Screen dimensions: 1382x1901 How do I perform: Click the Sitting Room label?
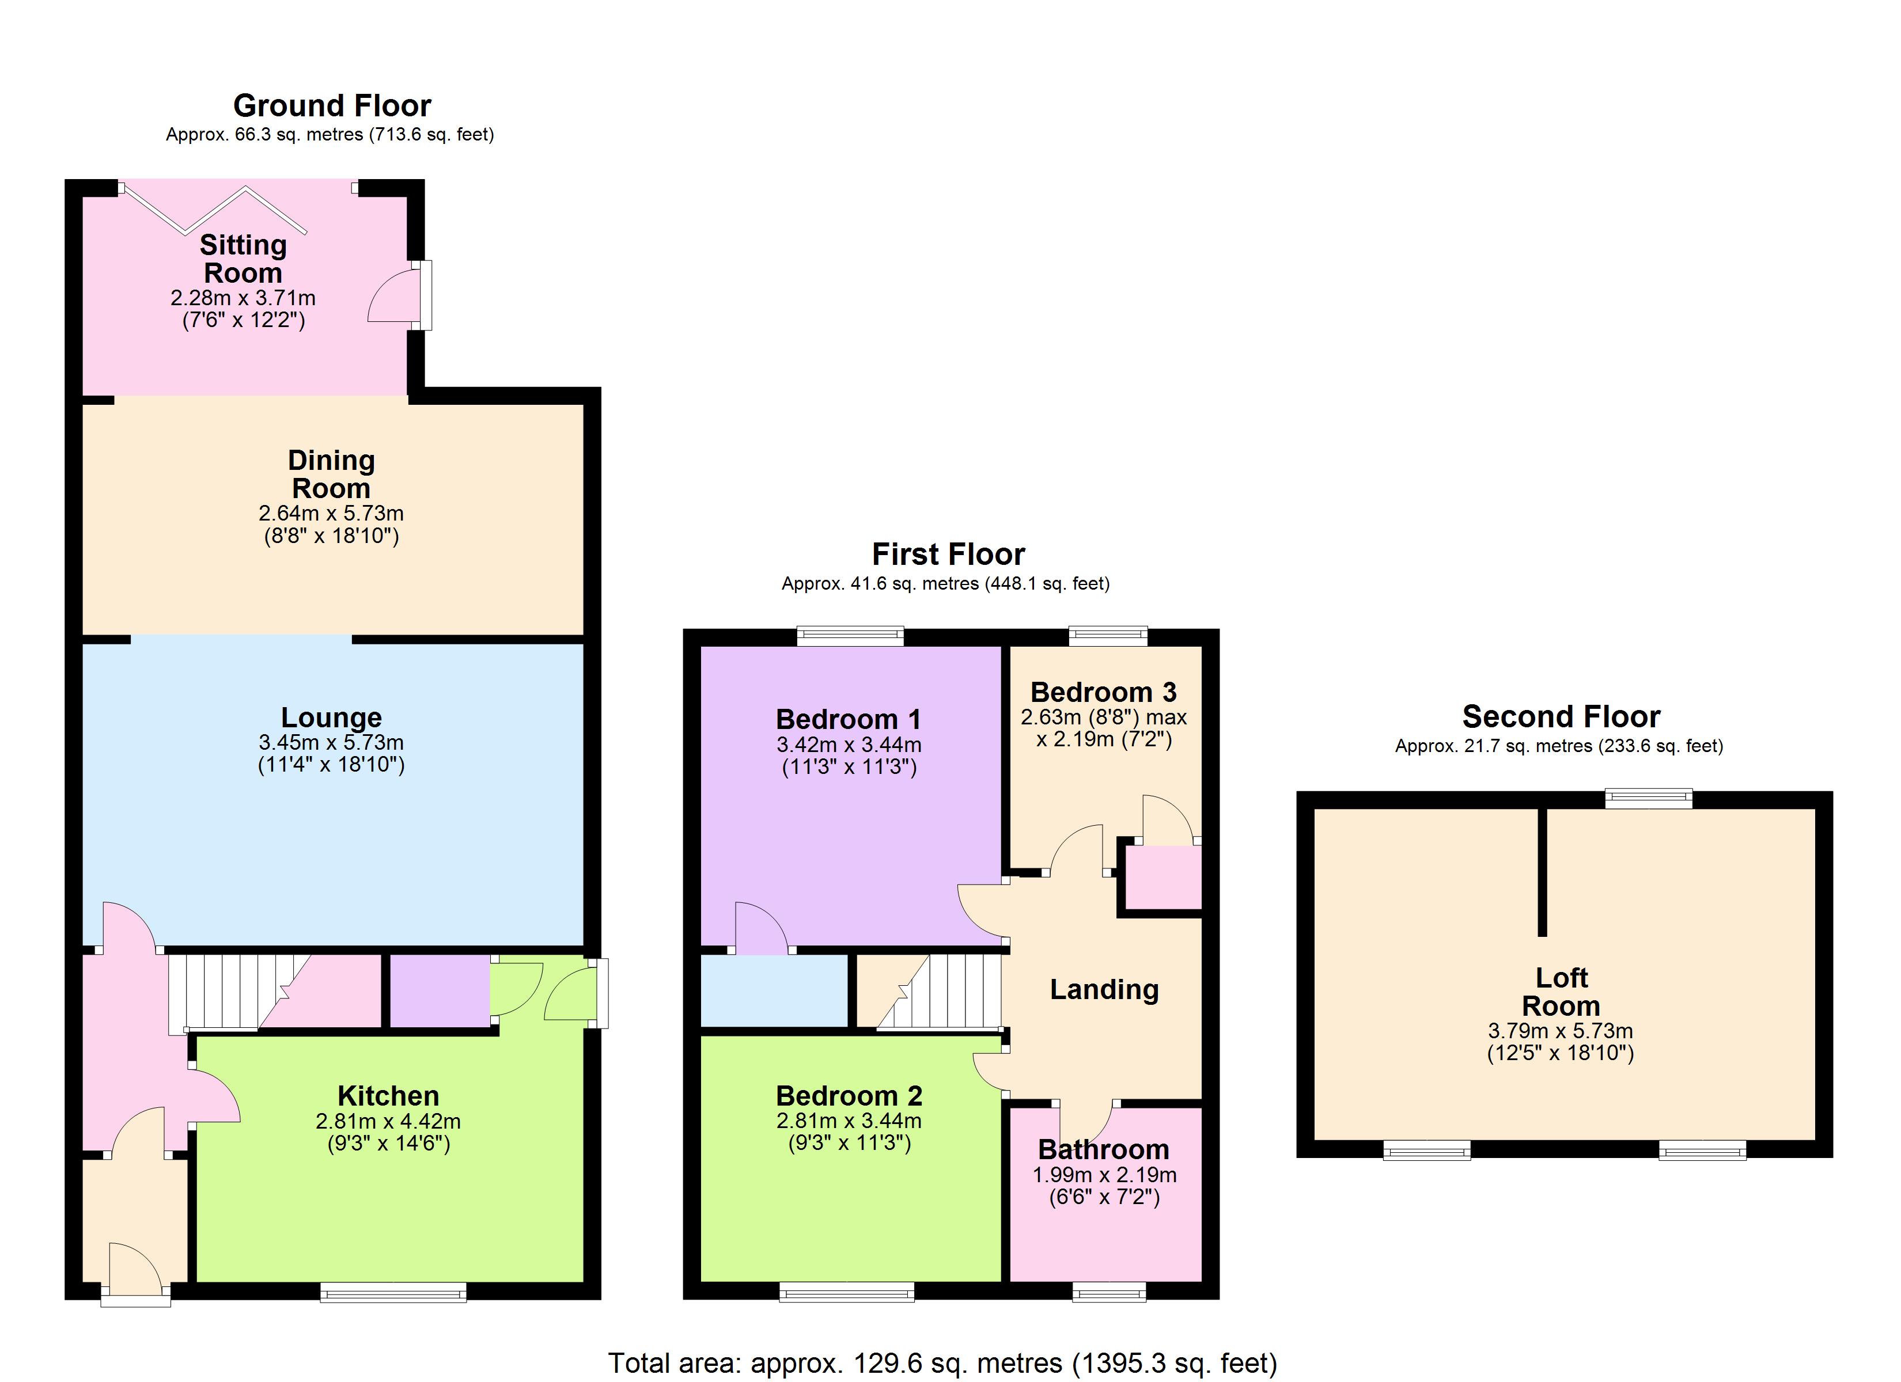pos(243,259)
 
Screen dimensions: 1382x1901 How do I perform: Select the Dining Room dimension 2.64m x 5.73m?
pos(331,513)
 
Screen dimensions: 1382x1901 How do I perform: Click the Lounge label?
pos(331,717)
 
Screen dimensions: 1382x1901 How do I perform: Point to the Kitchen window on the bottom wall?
pos(393,1294)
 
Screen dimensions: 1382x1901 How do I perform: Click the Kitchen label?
pos(388,1095)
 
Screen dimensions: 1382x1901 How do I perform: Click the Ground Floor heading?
pos(332,105)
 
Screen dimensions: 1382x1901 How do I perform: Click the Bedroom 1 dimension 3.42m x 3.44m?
pos(849,744)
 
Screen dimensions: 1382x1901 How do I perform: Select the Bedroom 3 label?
pos(1103,692)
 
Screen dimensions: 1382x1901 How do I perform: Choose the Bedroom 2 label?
pos(849,1095)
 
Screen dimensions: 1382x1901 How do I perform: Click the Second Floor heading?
pos(1561,716)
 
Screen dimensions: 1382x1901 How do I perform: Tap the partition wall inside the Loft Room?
pos(1542,872)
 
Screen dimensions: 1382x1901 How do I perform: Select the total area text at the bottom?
pos(942,1364)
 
